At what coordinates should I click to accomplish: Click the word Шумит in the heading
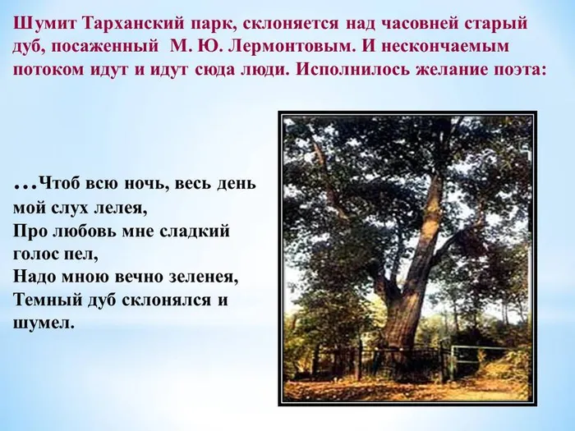tap(44, 21)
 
